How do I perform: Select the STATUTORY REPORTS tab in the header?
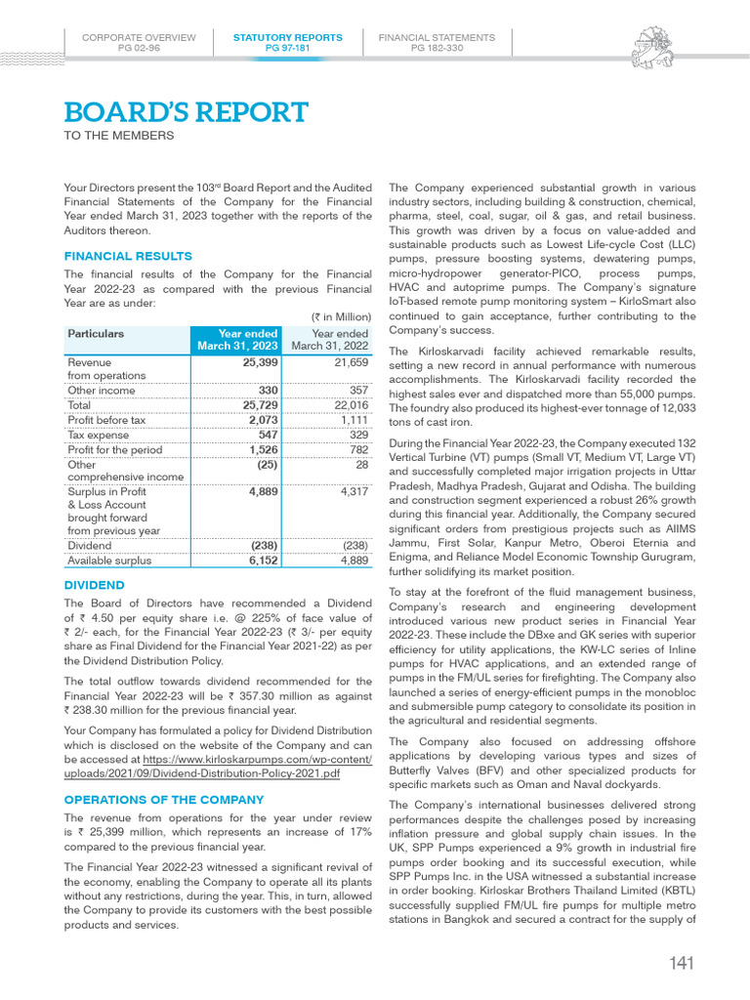[x=287, y=42]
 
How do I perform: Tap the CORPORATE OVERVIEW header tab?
[x=139, y=42]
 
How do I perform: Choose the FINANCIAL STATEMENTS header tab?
[x=437, y=42]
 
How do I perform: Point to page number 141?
[x=682, y=965]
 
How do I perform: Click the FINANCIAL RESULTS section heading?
[x=128, y=256]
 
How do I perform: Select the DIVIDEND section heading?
[x=94, y=585]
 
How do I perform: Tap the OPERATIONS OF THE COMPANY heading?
[x=164, y=800]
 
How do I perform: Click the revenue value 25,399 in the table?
[x=260, y=362]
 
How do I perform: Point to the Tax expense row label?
[x=97, y=435]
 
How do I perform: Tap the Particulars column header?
[x=96, y=334]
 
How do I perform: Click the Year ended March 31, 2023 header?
[x=237, y=340]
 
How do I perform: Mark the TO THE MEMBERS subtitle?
[x=119, y=136]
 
